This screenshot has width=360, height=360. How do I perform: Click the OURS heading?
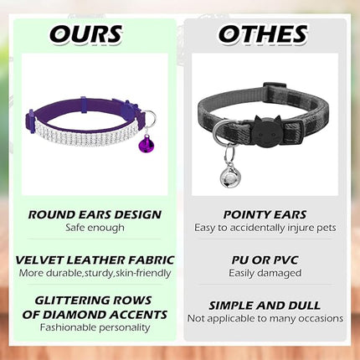(85, 34)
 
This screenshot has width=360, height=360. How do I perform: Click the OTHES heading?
(262, 34)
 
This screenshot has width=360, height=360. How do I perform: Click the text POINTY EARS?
(265, 214)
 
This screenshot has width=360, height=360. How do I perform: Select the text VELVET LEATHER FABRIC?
(94, 260)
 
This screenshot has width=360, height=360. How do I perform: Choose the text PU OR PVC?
(265, 260)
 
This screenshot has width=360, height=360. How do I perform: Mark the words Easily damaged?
(265, 272)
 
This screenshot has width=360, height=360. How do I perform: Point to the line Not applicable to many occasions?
(265, 318)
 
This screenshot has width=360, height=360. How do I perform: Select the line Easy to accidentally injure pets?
(265, 227)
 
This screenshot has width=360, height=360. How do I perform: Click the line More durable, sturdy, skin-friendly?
(94, 272)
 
